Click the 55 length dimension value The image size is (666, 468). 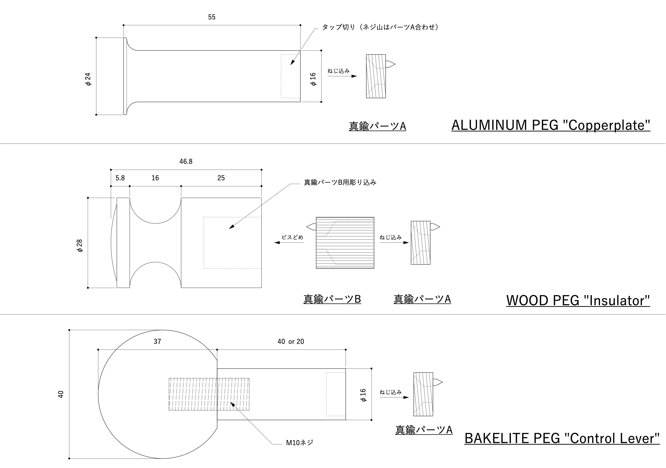click(211, 17)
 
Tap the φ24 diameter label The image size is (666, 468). click(88, 79)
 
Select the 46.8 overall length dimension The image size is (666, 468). click(186, 161)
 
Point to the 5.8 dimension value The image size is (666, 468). click(120, 178)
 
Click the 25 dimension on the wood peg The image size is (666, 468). click(221, 178)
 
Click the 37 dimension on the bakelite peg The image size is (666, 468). click(157, 342)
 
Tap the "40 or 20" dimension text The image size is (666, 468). click(291, 342)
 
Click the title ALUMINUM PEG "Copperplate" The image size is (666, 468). click(550, 125)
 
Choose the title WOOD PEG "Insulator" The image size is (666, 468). click(578, 300)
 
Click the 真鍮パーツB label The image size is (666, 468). click(332, 299)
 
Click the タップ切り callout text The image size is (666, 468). click(380, 27)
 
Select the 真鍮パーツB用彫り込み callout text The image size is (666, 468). click(340, 182)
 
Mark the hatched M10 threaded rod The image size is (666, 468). click(209, 394)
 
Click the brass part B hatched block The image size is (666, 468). click(345, 243)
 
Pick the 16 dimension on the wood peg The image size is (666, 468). click(155, 178)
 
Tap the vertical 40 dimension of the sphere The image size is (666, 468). click(61, 394)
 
